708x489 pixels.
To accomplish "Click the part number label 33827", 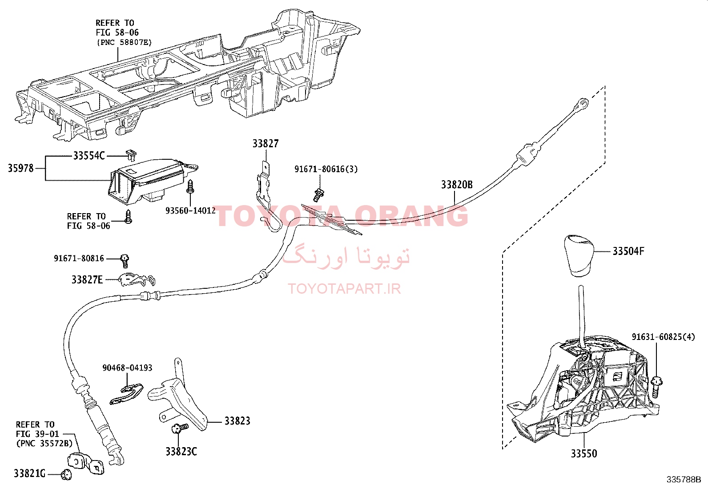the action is pyautogui.click(x=265, y=144).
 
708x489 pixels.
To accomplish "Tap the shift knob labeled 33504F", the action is pyautogui.click(x=579, y=255).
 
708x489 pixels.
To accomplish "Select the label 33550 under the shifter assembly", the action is pyautogui.click(x=584, y=453).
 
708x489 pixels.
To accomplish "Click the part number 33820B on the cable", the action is pyautogui.click(x=457, y=185).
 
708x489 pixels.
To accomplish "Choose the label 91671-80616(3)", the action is pyautogui.click(x=326, y=169).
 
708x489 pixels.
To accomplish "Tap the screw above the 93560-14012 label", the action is pyautogui.click(x=190, y=186).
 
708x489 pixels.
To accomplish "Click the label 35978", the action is pyautogui.click(x=20, y=168).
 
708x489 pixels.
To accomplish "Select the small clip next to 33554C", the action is pyautogui.click(x=131, y=155).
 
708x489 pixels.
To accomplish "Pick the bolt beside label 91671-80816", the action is pyautogui.click(x=125, y=261).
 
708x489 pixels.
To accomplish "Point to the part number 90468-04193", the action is pyautogui.click(x=127, y=368).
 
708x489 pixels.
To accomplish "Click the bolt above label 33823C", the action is pyautogui.click(x=180, y=428).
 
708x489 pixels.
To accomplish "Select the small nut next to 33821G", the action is pyautogui.click(x=66, y=474).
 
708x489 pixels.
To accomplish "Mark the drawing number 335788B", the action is pyautogui.click(x=684, y=480).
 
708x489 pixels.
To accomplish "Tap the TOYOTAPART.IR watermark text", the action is pyautogui.click(x=344, y=289).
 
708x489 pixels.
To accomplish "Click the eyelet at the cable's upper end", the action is pyautogui.click(x=583, y=103).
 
